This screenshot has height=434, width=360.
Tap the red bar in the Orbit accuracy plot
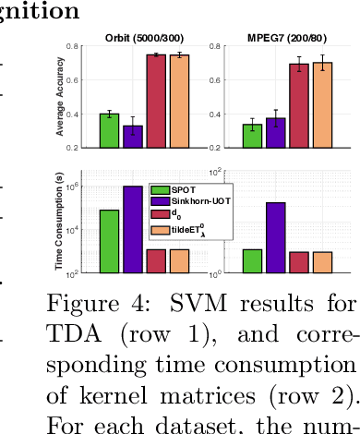(x=156, y=101)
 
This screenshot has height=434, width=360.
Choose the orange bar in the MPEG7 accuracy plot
(x=322, y=104)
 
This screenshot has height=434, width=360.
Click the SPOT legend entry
(x=182, y=187)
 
